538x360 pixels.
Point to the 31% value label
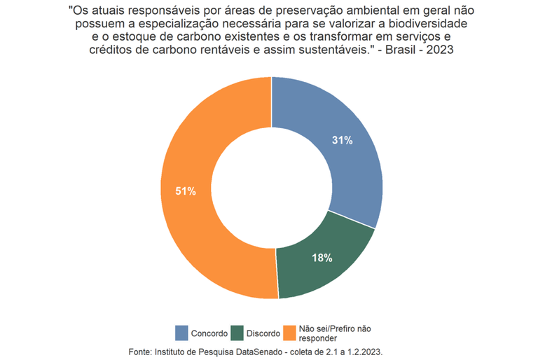342,140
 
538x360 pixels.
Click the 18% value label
322,258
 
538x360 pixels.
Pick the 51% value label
185,191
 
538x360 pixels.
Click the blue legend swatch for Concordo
181,333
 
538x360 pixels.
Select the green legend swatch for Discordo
236,333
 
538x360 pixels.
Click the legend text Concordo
209,334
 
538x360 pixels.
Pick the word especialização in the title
176,25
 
